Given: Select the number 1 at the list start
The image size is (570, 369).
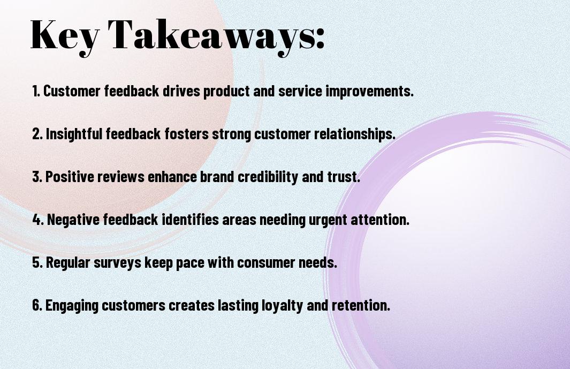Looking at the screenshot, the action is (36, 91).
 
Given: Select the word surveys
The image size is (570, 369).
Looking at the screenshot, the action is (117, 263).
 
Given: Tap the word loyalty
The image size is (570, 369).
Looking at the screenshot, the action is (282, 306).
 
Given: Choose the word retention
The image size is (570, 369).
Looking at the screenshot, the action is (361, 305).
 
